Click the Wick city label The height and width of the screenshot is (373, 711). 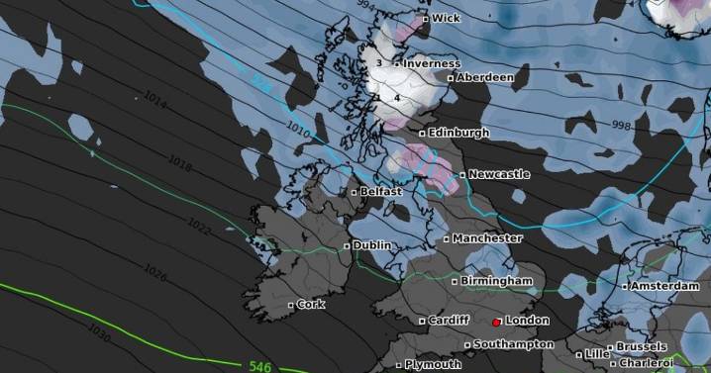pyautogui.click(x=446, y=18)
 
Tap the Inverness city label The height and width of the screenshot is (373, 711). pyautogui.click(x=431, y=63)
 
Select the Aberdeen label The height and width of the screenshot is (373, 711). pyautogui.click(x=484, y=77)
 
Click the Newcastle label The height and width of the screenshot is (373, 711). pyautogui.click(x=499, y=174)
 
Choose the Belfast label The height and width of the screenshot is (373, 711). pyautogui.click(x=381, y=191)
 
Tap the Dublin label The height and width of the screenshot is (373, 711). pyautogui.click(x=372, y=245)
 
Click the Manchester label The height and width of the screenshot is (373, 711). pyautogui.click(x=487, y=238)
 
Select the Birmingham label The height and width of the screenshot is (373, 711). pyautogui.click(x=496, y=281)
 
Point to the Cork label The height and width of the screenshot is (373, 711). pyautogui.click(x=311, y=305)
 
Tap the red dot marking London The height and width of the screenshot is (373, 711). pyautogui.click(x=496, y=322)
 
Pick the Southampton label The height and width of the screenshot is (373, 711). pyautogui.click(x=513, y=344)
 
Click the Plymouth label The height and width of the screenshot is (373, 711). pyautogui.click(x=433, y=364)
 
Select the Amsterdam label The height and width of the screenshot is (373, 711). pyautogui.click(x=665, y=286)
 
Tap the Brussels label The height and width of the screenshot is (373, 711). pyautogui.click(x=641, y=347)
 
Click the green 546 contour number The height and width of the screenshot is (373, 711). pyautogui.click(x=260, y=365)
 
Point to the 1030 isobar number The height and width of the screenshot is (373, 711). pyautogui.click(x=99, y=328)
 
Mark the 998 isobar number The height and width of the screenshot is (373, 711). pyautogui.click(x=622, y=125)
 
